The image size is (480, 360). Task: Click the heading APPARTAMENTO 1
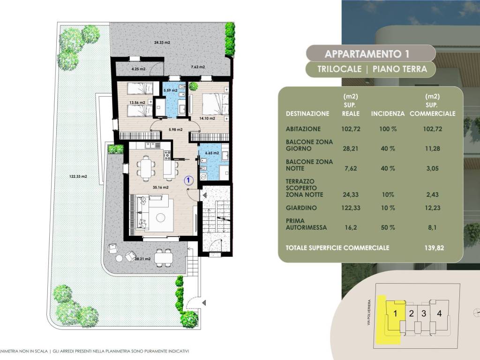coord(367,54)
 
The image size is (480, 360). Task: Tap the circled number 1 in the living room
coord(188,180)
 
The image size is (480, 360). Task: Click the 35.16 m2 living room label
coord(161,187)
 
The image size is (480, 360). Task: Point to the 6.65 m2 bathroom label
coord(212,153)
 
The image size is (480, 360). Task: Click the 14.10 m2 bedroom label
coord(207,118)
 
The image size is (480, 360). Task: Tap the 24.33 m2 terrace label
coord(162,43)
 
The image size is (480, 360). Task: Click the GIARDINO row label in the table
coord(301,208)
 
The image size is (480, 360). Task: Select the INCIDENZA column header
coord(388,113)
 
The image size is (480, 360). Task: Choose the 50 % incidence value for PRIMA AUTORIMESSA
coord(388,227)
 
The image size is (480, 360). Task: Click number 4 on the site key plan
coord(439,314)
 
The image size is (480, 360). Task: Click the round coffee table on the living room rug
coord(160,217)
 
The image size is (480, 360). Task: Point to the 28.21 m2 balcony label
coord(142,259)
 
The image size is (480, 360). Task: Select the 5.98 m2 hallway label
coord(176,129)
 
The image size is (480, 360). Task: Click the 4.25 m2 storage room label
coord(138,69)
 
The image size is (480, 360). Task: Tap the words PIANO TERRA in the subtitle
coord(399,69)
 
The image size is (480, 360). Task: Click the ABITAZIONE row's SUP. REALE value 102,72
coord(351,129)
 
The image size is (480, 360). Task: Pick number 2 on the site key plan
coord(411,314)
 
